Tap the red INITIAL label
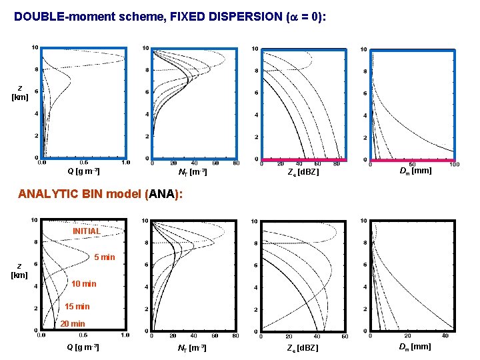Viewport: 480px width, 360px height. (86, 231)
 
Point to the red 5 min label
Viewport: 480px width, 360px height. (104, 257)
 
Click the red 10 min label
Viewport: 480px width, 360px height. (83, 284)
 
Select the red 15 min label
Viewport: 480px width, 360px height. (77, 307)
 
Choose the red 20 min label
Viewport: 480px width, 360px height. (73, 324)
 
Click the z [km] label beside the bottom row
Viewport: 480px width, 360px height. (19, 270)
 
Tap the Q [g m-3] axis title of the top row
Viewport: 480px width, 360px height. (83, 171)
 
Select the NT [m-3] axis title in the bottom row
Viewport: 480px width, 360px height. (192, 347)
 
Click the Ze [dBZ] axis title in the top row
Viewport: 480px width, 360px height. (303, 172)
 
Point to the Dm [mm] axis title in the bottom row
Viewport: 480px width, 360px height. (415, 347)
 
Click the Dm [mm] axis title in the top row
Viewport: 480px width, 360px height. (415, 171)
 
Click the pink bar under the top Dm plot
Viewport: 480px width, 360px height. (412, 160)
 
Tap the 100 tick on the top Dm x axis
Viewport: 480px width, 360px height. (454, 165)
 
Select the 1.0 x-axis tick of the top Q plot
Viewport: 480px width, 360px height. (125, 162)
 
